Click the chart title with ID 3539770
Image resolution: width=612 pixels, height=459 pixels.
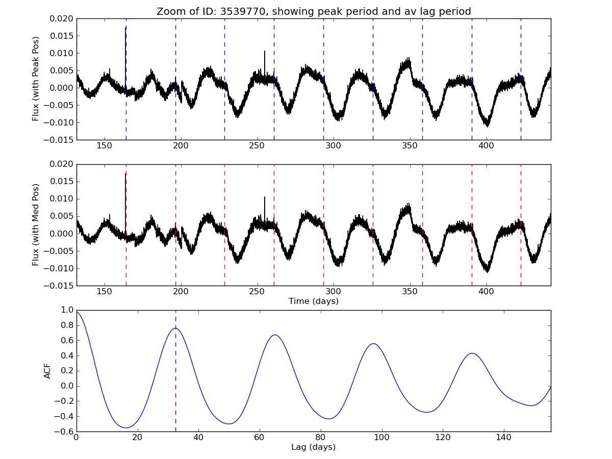(x=314, y=11)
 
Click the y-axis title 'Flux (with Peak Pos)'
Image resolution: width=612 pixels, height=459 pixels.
(x=36, y=79)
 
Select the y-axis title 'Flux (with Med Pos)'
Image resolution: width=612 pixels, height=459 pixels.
(x=36, y=225)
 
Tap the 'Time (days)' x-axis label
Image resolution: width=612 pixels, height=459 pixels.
(x=314, y=301)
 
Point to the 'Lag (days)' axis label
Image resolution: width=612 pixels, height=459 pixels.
(x=314, y=447)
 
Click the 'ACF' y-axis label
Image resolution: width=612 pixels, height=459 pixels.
(x=47, y=371)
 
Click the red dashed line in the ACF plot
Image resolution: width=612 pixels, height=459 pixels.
(x=175, y=377)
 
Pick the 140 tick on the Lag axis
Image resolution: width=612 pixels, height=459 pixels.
(x=504, y=438)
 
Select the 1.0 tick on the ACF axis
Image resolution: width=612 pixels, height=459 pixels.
(x=67, y=310)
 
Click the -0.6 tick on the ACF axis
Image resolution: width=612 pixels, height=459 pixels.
(x=65, y=431)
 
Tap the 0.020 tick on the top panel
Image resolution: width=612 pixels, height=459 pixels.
(x=62, y=18)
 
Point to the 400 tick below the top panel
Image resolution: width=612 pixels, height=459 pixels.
(x=487, y=146)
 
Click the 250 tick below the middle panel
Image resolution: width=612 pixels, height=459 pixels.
(x=257, y=292)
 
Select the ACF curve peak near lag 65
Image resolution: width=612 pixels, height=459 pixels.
(x=275, y=335)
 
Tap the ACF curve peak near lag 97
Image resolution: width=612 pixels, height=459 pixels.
(x=373, y=344)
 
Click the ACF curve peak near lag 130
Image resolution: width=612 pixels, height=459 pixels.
(x=472, y=353)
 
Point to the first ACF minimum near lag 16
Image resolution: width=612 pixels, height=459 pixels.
(x=125, y=428)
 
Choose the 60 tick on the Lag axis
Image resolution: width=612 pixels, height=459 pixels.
(x=260, y=438)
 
